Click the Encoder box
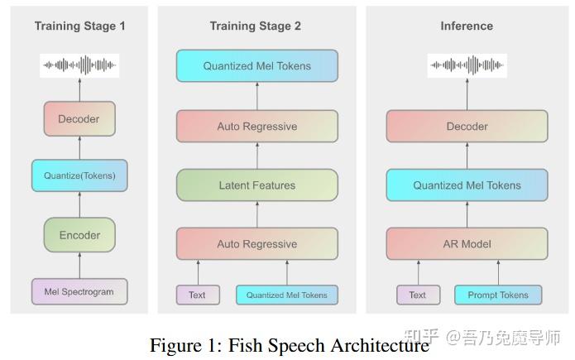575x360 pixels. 79,235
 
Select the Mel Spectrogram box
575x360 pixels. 79,292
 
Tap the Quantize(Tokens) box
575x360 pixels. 79,175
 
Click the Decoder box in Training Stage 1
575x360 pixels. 79,119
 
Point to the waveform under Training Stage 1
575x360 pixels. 79,65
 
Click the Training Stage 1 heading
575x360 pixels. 79,26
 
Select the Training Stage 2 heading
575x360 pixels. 256,26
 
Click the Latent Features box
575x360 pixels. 256,185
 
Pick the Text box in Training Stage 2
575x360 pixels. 197,295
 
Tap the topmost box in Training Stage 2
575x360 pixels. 256,66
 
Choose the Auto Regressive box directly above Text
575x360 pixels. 256,244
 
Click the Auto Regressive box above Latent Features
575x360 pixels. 256,127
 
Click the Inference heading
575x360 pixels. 467,26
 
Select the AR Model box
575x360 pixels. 467,244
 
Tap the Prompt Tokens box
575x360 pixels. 498,295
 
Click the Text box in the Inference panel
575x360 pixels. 418,295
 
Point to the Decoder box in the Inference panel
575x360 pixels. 467,127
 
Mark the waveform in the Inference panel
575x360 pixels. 467,65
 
